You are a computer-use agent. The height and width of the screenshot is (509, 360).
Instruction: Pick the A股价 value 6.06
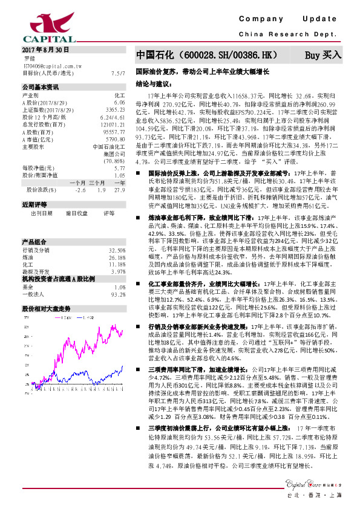120,103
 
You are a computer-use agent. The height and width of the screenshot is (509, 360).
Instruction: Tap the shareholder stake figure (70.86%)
114,161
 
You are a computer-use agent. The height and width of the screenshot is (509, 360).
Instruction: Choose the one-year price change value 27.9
119,189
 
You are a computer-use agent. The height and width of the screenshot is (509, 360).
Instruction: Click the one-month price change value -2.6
79,189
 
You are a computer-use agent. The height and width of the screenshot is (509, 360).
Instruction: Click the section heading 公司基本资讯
40,87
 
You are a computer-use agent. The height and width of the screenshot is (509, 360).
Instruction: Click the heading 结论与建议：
151,84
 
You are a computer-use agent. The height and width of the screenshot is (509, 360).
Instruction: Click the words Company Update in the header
291,19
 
